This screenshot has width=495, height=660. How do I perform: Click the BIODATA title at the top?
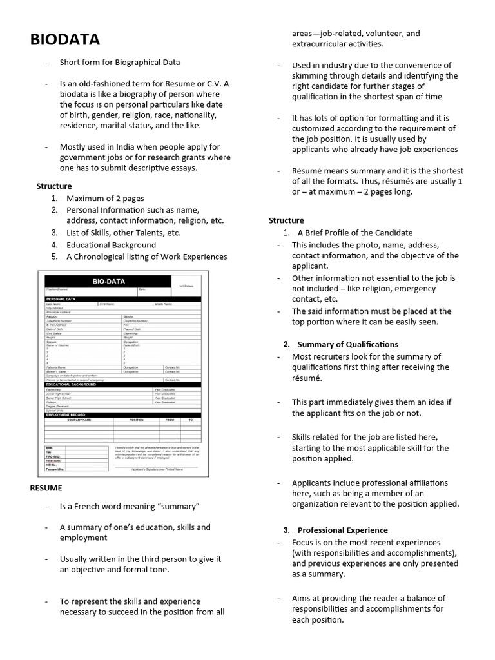tap(65, 40)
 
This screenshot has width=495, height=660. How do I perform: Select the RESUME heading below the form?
tap(46, 489)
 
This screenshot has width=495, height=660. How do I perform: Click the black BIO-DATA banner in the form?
tap(108, 282)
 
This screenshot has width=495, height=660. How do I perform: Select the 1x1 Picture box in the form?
tap(187, 284)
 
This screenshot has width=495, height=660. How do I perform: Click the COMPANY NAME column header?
tap(81, 420)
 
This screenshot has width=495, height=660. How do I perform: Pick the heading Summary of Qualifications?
tap(347, 344)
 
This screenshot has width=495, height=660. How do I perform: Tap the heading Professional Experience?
tap(342, 530)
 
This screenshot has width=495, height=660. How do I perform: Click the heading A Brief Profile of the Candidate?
tap(354, 233)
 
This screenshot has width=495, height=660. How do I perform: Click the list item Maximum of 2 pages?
tap(105, 199)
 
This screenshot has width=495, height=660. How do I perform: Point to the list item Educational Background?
tap(111, 245)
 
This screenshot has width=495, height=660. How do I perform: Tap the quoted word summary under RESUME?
tap(177, 507)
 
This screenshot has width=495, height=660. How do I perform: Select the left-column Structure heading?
tap(54, 186)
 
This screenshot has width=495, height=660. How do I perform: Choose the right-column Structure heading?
tap(286, 220)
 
